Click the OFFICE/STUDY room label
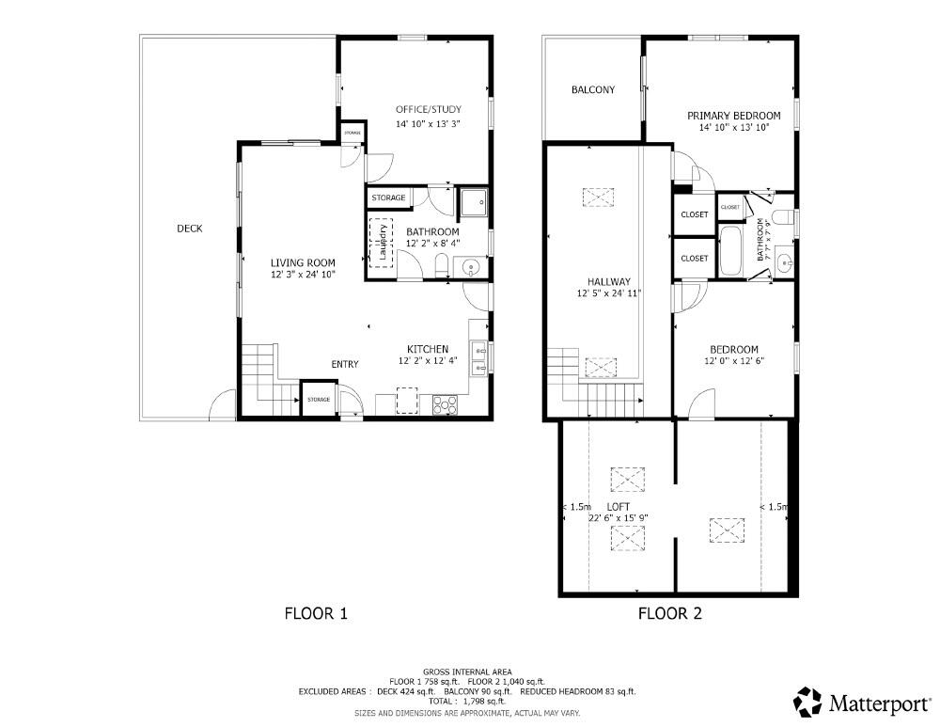428,110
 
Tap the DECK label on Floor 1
189,229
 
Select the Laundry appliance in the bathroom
382,243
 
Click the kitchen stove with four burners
444,404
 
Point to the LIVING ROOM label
303,262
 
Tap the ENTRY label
344,365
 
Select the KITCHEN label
427,348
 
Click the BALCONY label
593,90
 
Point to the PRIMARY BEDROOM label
734,116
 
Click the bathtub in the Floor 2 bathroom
731,252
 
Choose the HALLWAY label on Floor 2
608,281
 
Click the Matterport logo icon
807,702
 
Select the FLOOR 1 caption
316,613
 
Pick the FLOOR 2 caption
670,613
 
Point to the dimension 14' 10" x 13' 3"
428,123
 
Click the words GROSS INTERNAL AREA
467,672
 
